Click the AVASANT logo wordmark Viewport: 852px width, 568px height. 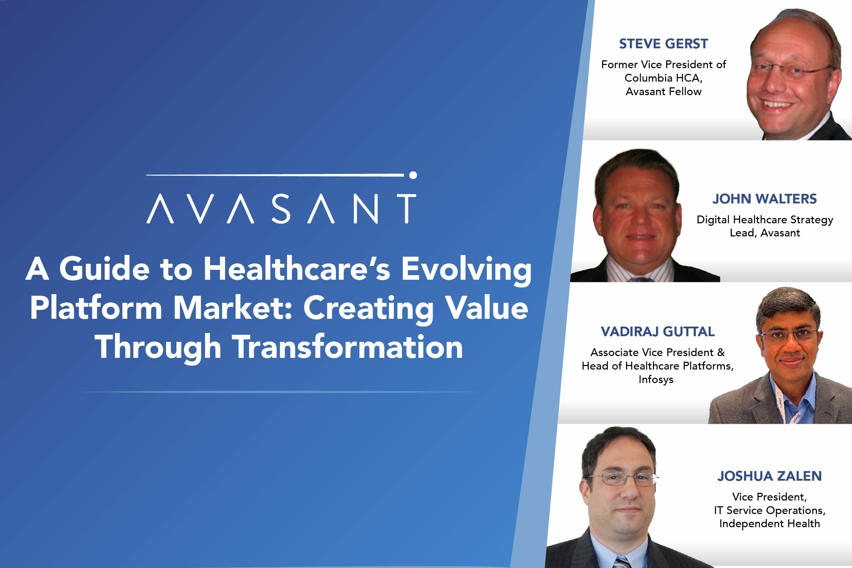281,208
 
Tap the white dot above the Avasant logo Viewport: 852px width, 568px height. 413,175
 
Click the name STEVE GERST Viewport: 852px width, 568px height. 663,44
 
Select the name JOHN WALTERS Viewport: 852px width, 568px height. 764,199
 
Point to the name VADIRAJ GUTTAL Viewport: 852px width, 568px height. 658,332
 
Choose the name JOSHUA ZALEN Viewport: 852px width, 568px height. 769,476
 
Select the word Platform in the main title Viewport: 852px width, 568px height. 95,307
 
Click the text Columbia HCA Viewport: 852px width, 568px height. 663,78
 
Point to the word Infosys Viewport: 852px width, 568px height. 656,379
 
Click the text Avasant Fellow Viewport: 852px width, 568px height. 663,91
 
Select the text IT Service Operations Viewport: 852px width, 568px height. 769,510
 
